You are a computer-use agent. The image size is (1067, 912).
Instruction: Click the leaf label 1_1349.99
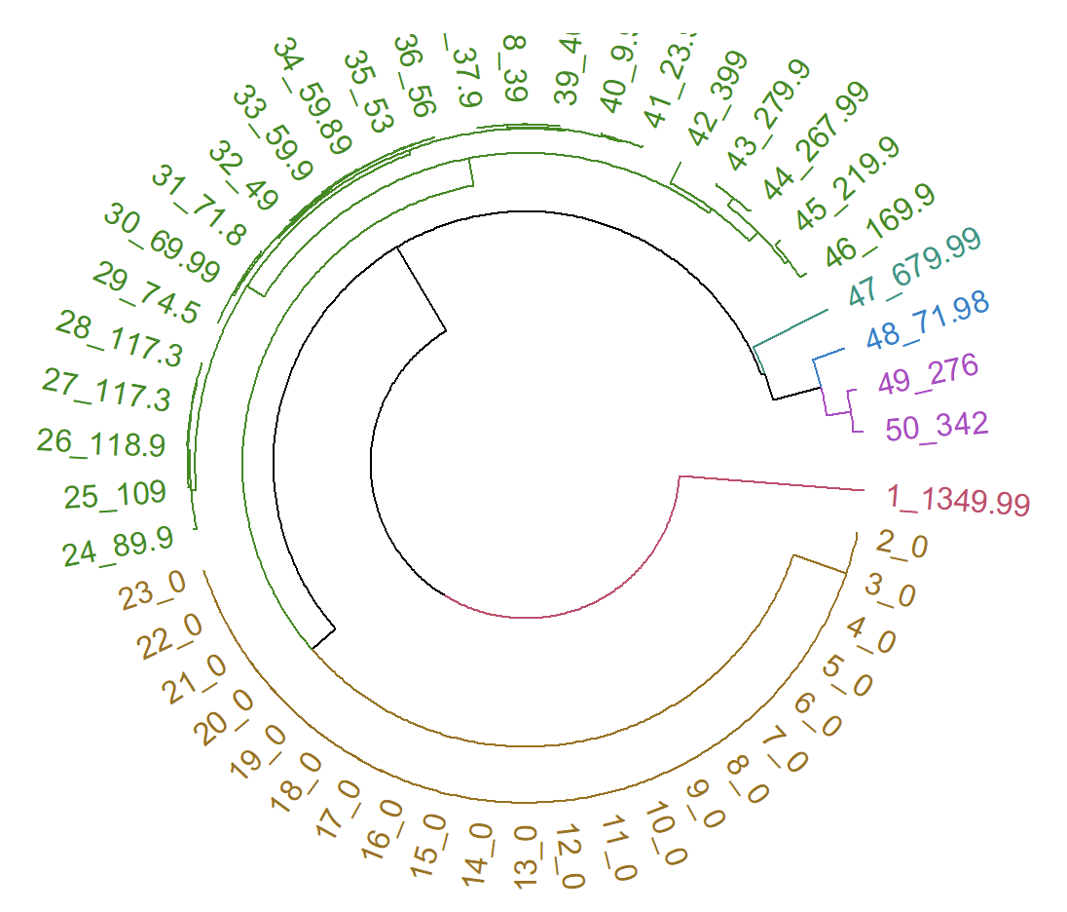pyautogui.click(x=958, y=500)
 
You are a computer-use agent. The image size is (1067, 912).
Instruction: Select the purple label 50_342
pyautogui.click(x=937, y=426)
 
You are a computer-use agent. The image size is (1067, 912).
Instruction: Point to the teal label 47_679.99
pyautogui.click(x=914, y=264)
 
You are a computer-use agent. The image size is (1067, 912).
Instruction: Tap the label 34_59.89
pyautogui.click(x=312, y=96)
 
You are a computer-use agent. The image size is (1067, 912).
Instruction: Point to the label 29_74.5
pyautogui.click(x=147, y=291)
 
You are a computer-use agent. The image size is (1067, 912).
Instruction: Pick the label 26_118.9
pyautogui.click(x=101, y=443)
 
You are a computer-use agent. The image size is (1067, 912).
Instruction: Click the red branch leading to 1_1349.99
pyautogui.click(x=769, y=483)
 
